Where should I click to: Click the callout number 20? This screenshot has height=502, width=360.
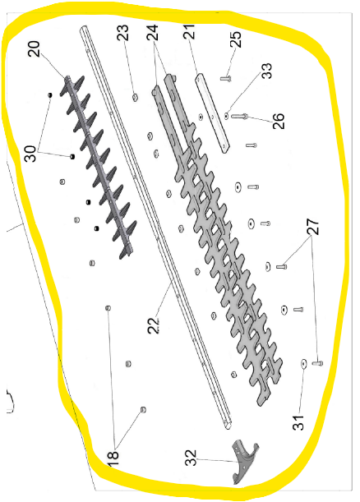point(34,48)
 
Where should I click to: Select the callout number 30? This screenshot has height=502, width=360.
point(30,154)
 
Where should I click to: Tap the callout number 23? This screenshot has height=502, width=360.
point(123,32)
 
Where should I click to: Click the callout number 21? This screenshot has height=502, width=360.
point(189,31)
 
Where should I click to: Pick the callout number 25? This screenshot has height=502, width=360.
point(235,39)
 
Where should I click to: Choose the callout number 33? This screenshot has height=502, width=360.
point(266,71)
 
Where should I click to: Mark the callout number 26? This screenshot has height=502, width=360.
point(278,121)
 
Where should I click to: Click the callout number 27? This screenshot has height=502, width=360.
point(313,226)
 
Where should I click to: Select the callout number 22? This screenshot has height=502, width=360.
point(155,325)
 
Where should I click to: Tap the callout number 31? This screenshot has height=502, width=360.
point(298,421)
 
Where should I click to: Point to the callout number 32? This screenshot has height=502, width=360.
point(191,458)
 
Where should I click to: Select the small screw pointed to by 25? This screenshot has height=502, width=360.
point(226,78)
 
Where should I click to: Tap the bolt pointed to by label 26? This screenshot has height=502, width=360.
point(239,116)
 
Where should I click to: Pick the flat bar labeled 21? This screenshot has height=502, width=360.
point(213,113)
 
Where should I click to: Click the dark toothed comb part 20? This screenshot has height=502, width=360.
point(99,168)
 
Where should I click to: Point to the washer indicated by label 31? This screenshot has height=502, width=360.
point(303,364)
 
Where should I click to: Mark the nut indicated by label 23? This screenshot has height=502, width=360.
point(135,97)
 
